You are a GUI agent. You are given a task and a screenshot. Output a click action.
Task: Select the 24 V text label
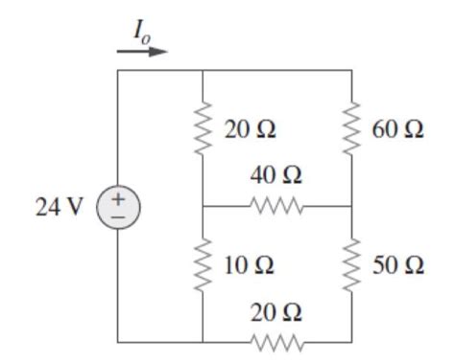coord(55,207)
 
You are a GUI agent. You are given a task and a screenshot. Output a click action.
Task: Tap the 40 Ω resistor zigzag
coord(276,206)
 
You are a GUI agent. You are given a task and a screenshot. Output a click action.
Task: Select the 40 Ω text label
coord(275,177)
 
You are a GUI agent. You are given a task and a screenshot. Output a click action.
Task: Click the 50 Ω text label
coord(396,264)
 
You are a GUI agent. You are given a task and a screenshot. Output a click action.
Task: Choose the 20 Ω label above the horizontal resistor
coord(275,312)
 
